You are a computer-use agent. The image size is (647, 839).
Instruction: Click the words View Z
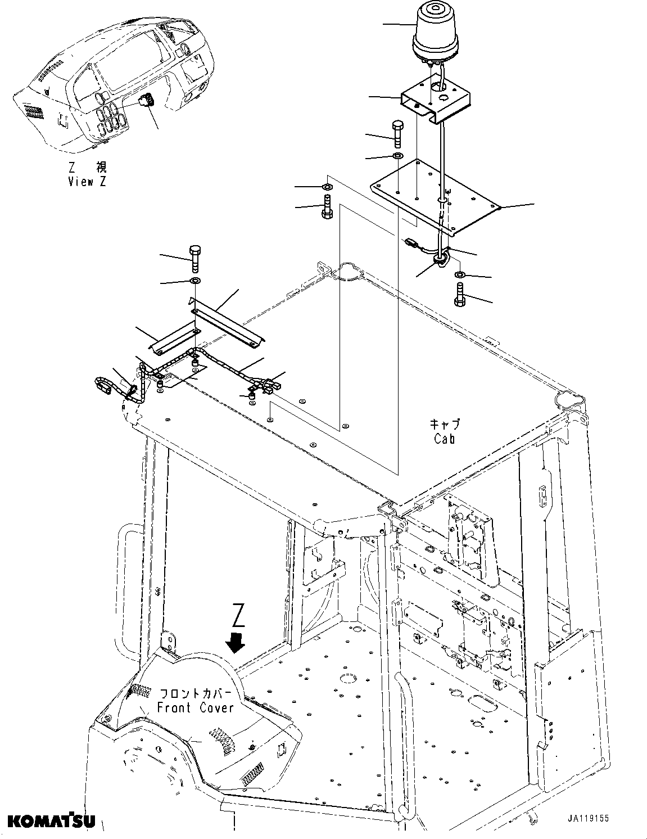[x=87, y=182]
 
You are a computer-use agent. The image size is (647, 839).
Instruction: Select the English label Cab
[x=444, y=439]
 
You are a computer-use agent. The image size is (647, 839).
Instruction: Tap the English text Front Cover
[x=195, y=707]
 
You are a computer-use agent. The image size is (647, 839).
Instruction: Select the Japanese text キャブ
[x=444, y=424]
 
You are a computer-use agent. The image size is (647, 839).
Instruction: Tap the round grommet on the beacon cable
[x=441, y=258]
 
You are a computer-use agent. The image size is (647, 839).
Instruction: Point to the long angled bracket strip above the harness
[x=228, y=320]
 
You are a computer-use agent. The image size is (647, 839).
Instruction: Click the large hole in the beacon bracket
[x=437, y=87]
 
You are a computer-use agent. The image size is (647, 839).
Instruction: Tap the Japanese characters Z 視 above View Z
[x=87, y=167]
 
